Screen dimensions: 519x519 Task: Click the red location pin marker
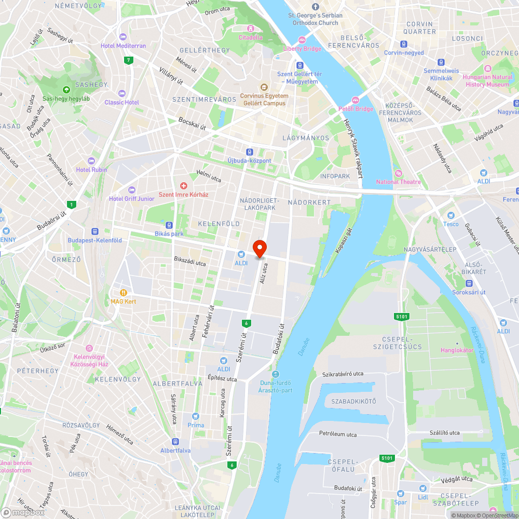259,249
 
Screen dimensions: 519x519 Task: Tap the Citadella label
250,37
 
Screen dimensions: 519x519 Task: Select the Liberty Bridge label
302,48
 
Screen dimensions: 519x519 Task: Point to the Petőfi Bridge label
356,108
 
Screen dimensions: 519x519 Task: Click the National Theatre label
399,182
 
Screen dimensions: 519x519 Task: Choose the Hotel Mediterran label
124,46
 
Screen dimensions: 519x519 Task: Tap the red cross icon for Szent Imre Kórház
183,185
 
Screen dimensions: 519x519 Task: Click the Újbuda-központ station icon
250,152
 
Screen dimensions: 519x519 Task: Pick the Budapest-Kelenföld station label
95,240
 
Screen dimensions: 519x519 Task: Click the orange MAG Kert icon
124,293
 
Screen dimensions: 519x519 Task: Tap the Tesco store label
450,224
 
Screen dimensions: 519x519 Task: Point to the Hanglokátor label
457,350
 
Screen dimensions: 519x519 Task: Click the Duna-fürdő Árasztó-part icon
275,374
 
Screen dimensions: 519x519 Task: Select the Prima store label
196,425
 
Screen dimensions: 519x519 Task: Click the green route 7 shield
128,60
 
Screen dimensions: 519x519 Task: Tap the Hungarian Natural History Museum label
487,80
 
